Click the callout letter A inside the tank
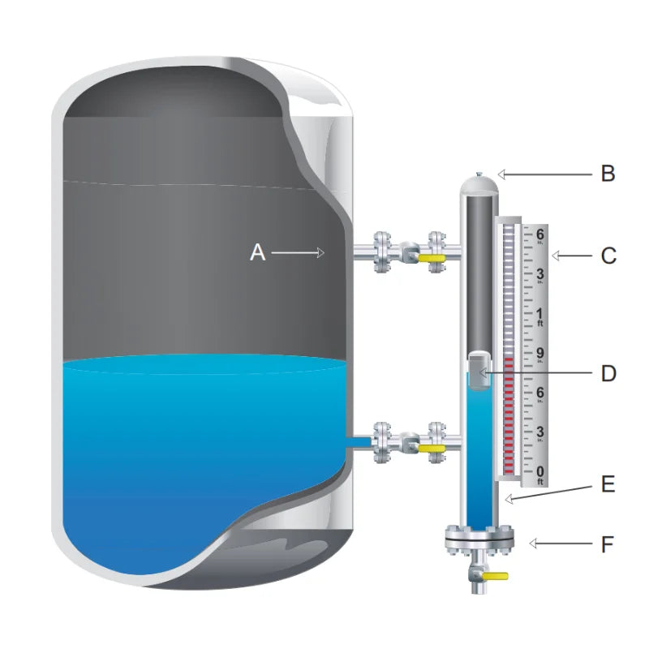[257, 252]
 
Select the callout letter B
[608, 174]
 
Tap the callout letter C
[608, 256]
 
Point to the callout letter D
[608, 373]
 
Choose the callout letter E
[608, 484]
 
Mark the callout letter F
[607, 544]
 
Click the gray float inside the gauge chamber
[479, 371]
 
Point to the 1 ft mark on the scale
[539, 316]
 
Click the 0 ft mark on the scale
[539, 475]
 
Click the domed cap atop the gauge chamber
[479, 184]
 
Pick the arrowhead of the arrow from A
[320, 252]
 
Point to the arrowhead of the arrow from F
[534, 544]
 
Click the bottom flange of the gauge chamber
[479, 539]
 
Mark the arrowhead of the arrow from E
[509, 499]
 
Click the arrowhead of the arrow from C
[557, 256]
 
